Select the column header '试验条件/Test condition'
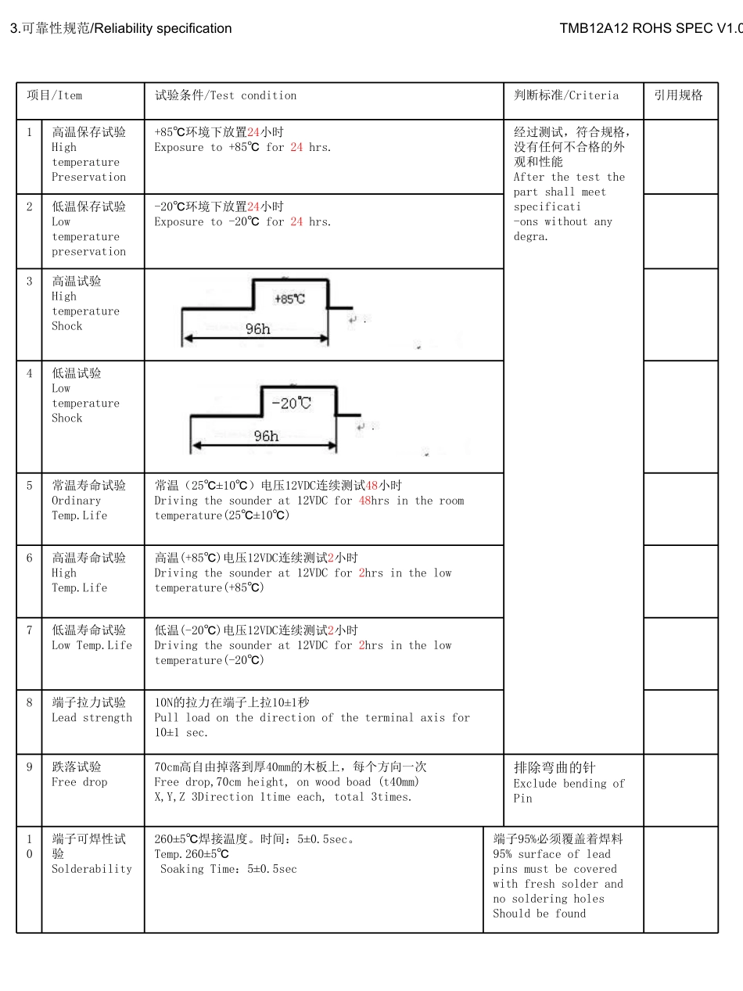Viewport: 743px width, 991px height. pyautogui.click(x=225, y=95)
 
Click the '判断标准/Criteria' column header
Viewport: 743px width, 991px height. pyautogui.click(x=565, y=95)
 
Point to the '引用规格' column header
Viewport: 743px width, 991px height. pyautogui.click(x=678, y=95)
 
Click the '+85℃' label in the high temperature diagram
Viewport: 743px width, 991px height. pyautogui.click(x=289, y=299)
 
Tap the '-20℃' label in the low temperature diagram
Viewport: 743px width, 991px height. pyautogui.click(x=291, y=403)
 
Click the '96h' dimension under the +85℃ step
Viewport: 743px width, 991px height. pyautogui.click(x=257, y=329)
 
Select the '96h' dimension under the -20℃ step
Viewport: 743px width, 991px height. pyautogui.click(x=266, y=436)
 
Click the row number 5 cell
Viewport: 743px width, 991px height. pyautogui.click(x=30, y=486)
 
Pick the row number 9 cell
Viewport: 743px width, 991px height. pyautogui.click(x=30, y=767)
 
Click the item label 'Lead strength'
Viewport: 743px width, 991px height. pyautogui.click(x=92, y=718)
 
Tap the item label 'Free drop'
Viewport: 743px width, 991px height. pyautogui.click(x=79, y=782)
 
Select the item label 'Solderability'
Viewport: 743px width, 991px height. pyautogui.click(x=92, y=869)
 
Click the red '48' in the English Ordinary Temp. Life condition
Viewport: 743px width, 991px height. pyautogui.click(x=364, y=501)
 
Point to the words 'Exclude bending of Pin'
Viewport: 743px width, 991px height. pyautogui.click(x=569, y=791)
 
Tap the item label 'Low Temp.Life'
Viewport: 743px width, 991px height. pyautogui.click(x=92, y=645)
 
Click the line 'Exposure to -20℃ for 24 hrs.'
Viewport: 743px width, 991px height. pyautogui.click(x=242, y=222)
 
